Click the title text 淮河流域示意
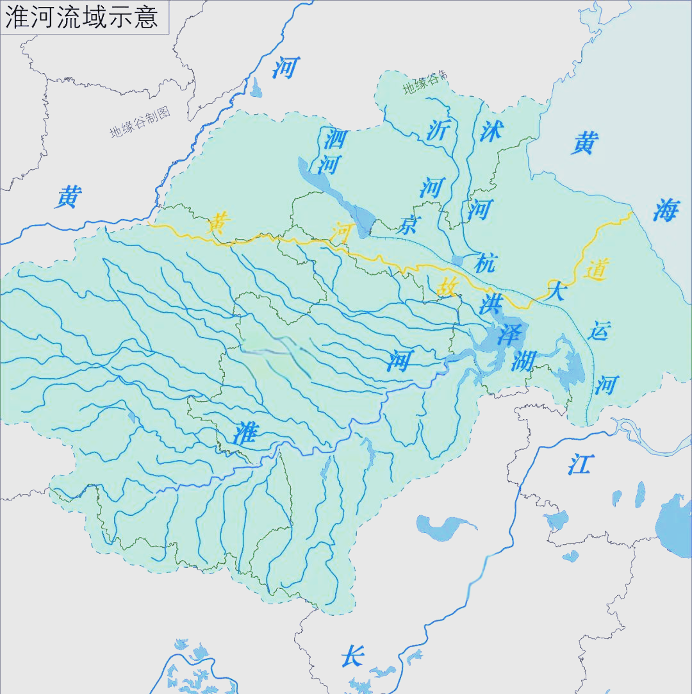click(x=81, y=17)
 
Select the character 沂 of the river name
click(x=439, y=130)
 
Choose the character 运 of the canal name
click(x=600, y=332)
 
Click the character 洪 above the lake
click(x=491, y=303)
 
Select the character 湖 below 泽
click(x=523, y=362)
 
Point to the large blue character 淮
click(x=245, y=434)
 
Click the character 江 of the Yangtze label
click(x=580, y=464)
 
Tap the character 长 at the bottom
click(x=352, y=656)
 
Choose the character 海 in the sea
click(x=665, y=210)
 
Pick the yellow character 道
click(x=595, y=270)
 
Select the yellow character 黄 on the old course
click(x=220, y=224)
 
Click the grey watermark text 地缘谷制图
click(x=140, y=122)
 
